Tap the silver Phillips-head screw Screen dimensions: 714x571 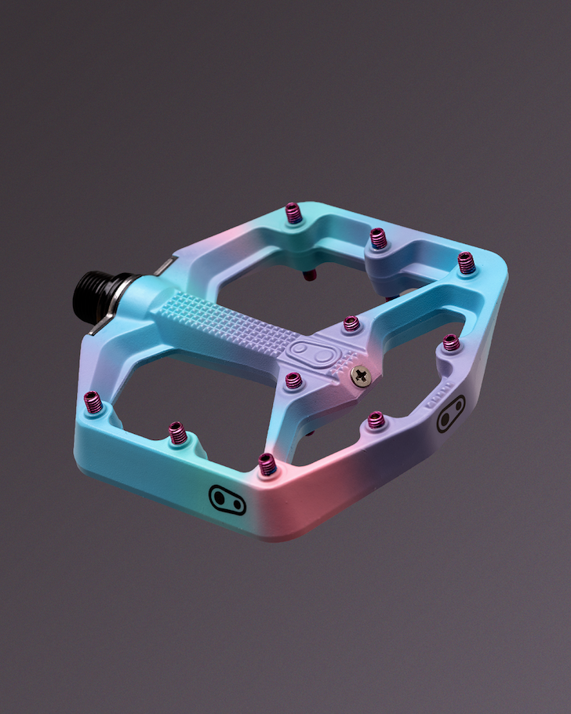click(x=360, y=375)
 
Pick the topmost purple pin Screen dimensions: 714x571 click(x=293, y=213)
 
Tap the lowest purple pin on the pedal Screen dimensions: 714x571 click(x=267, y=464)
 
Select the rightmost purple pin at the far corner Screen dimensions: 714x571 click(x=467, y=262)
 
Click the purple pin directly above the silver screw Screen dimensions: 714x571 click(x=351, y=323)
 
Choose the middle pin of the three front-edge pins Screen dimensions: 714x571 click(x=178, y=432)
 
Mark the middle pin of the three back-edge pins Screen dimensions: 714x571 click(x=379, y=237)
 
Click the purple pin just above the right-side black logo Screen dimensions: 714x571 click(x=450, y=342)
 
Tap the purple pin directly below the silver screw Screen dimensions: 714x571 click(x=376, y=420)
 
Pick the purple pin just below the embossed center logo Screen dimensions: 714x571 click(x=293, y=381)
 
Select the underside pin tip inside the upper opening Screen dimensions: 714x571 click(x=311, y=274)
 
